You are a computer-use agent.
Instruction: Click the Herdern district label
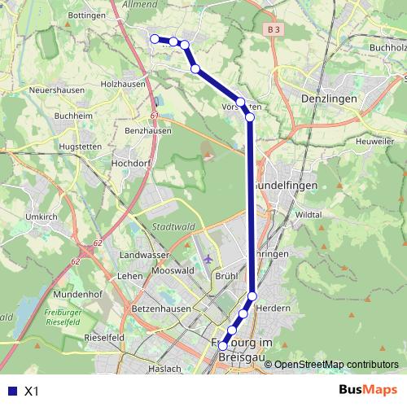(x=273, y=309)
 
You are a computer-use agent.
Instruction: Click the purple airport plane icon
(x=208, y=259)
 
